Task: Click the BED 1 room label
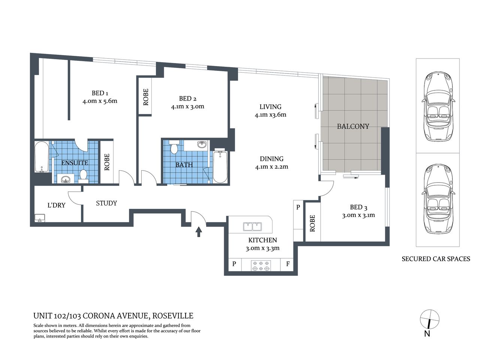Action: [100, 93]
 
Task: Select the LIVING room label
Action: [270, 107]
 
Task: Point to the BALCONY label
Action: [353, 126]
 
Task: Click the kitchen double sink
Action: [252, 226]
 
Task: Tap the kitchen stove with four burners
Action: [261, 265]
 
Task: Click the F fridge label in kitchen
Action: [288, 264]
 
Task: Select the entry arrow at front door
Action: [199, 231]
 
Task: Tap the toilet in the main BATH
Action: [174, 147]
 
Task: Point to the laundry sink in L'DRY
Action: [39, 218]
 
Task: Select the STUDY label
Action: [106, 203]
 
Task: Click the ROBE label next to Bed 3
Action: [313, 223]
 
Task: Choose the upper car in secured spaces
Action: [437, 106]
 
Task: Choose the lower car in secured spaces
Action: [437, 199]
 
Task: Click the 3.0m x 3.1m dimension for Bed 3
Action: [358, 215]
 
